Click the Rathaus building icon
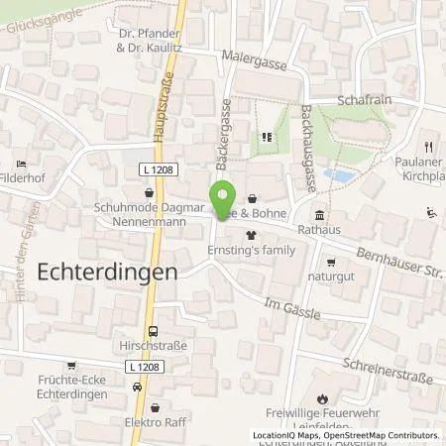[319, 216]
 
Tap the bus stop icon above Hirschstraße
[153, 333]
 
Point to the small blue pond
[337, 176]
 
